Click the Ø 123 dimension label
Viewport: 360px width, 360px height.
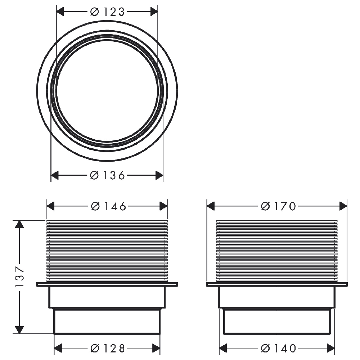107,12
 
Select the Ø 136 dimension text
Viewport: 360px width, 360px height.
107,175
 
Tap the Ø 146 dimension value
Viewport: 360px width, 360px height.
108,206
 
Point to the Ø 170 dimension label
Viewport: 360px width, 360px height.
278,206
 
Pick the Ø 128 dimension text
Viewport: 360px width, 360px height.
108,348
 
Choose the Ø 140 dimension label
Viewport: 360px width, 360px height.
278,348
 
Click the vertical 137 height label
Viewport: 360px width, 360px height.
20,276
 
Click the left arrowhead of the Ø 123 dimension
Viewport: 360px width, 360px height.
60,12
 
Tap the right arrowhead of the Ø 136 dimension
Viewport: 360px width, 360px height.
159,175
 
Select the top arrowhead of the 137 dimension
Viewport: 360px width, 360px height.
19,224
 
